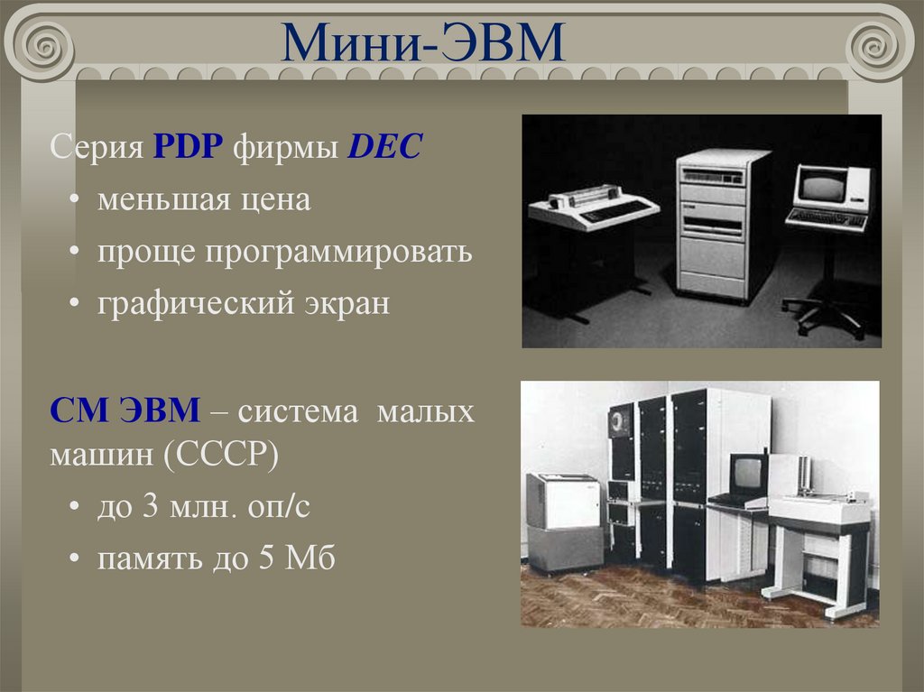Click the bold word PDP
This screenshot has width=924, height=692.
coord(189,146)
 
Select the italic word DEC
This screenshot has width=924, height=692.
coord(385,146)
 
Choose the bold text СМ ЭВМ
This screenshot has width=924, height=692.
coord(125,412)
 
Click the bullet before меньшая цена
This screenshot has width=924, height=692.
coord(73,200)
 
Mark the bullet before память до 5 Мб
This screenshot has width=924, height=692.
coord(73,560)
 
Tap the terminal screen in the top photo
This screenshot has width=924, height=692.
coord(823,188)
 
